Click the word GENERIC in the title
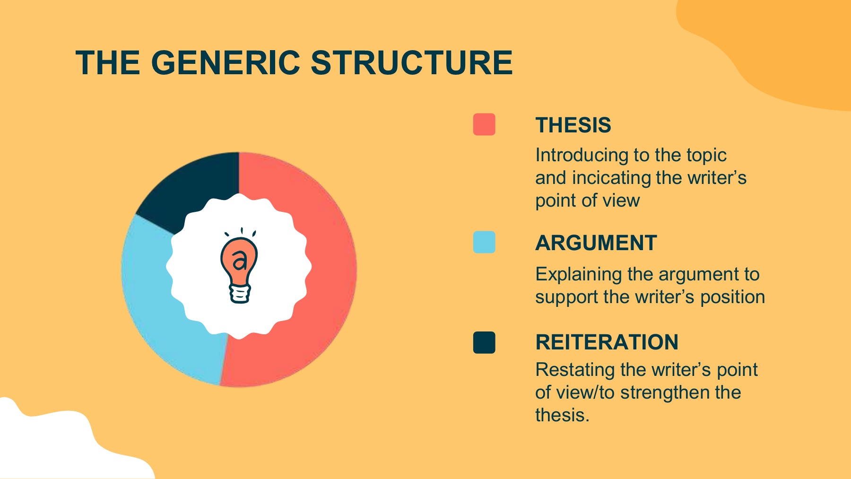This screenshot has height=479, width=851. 226,63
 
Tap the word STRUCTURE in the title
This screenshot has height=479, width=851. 411,63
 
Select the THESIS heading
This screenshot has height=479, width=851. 573,125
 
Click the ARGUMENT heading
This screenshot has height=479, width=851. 596,243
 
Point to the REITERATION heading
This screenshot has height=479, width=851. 607,342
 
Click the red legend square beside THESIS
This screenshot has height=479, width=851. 484,124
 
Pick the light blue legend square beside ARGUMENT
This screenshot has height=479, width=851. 484,242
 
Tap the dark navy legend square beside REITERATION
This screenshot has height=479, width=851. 484,342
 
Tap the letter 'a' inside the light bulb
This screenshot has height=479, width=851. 240,260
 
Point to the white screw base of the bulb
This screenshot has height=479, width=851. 240,293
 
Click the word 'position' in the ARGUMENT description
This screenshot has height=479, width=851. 732,297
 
